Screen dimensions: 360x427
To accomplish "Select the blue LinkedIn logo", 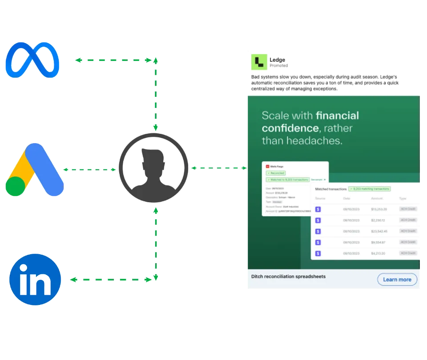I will (x=35, y=280).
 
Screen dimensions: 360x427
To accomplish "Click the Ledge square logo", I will (x=258, y=62).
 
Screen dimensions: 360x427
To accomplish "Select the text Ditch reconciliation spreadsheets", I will (x=288, y=276).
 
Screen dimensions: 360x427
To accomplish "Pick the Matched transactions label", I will (x=330, y=189).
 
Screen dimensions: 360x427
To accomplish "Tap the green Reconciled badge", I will (x=276, y=173).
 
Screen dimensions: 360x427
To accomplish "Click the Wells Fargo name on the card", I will (x=278, y=166).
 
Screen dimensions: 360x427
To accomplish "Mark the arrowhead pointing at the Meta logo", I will (x=77, y=60).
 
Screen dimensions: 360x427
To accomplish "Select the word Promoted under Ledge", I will (x=278, y=65).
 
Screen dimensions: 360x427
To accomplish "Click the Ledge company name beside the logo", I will (x=278, y=60).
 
